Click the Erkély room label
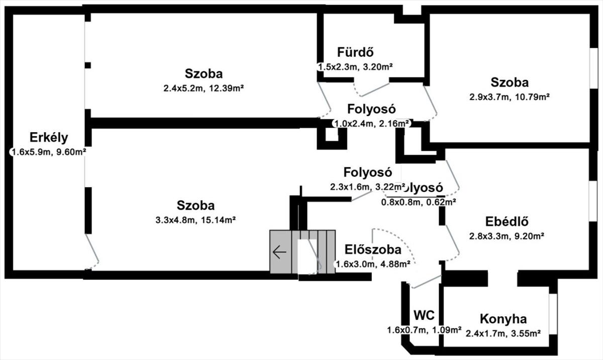click(x=49, y=138)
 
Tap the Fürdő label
click(x=355, y=52)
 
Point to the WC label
click(x=424, y=316)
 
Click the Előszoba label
click(x=373, y=250)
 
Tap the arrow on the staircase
click(x=279, y=251)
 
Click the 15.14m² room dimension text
click(x=196, y=220)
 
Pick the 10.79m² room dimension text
click(x=510, y=97)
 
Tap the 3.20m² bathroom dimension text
click(x=355, y=66)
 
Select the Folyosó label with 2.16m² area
click(x=372, y=109)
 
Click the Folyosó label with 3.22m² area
click(x=367, y=172)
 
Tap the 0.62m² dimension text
click(x=418, y=202)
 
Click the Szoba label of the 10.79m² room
click(x=510, y=82)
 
